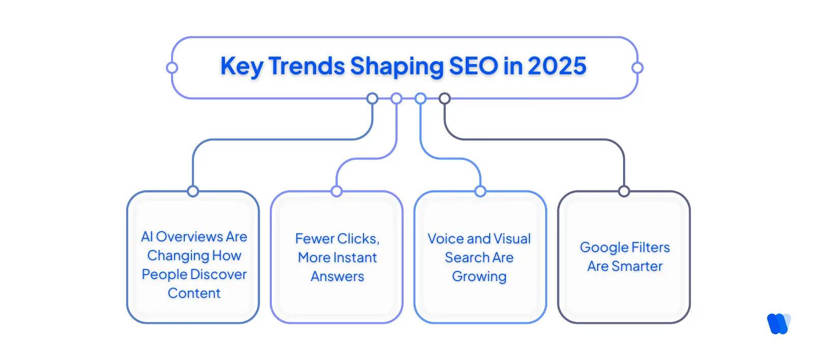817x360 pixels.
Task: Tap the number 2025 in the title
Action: (557, 66)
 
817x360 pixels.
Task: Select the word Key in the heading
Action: (241, 67)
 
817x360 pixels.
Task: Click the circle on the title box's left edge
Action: (172, 68)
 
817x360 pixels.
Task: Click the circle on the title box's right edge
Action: (637, 68)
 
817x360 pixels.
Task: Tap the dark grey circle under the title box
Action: (444, 98)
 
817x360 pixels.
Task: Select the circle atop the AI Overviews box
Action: (193, 191)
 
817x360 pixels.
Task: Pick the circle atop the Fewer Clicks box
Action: (336, 191)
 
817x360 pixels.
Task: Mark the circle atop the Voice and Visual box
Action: (480, 191)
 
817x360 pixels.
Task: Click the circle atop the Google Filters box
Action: (624, 191)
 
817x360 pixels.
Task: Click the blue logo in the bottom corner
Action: (779, 323)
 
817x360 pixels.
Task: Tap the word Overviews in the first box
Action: (189, 236)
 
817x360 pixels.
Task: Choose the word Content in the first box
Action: (194, 293)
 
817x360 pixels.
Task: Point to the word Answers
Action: (337, 276)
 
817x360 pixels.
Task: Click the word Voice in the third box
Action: (445, 239)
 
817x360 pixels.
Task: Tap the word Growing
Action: (479, 276)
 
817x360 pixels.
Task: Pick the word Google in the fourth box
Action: (604, 247)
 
